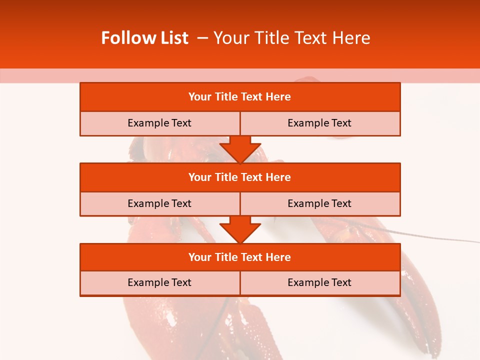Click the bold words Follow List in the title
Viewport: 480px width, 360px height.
pos(144,38)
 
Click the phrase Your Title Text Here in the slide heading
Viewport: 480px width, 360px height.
pos(292,38)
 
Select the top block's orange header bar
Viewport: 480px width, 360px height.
pos(240,97)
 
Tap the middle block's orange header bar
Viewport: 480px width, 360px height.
pos(240,177)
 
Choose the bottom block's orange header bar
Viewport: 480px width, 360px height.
pos(240,257)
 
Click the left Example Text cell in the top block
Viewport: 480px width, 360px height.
pos(159,123)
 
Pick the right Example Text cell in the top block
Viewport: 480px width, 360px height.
pos(319,123)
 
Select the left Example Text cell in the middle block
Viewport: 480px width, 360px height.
pos(159,204)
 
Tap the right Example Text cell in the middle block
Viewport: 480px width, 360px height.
pos(319,204)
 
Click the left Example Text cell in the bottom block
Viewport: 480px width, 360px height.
pos(159,283)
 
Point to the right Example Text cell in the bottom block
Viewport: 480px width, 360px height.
pos(319,283)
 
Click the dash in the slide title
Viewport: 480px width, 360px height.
pos(203,38)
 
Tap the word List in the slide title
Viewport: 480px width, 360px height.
pos(172,38)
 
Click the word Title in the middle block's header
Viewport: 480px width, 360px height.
pos(226,177)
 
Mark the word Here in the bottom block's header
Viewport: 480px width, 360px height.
pos(278,257)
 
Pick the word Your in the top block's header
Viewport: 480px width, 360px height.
pos(200,97)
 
